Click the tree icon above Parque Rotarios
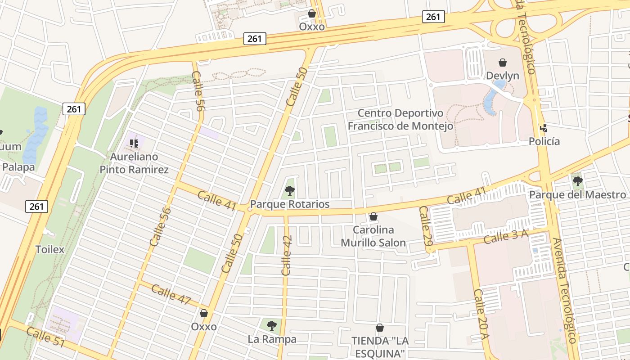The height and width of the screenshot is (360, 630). point(290,191)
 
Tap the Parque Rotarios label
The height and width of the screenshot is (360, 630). point(290,204)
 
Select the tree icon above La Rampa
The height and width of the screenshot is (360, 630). point(271,326)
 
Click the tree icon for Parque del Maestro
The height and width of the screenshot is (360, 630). point(578,181)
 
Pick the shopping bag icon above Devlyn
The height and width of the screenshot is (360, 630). point(503,63)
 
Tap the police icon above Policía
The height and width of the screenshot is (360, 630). point(544,128)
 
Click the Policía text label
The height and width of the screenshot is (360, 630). point(544,141)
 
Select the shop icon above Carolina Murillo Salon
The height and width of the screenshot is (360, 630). point(373,217)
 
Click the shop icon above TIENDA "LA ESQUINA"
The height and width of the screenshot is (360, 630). point(380,328)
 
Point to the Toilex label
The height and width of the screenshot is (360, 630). point(50,249)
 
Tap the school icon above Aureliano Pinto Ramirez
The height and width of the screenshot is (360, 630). point(134,144)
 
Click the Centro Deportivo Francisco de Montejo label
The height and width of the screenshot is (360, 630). point(400,120)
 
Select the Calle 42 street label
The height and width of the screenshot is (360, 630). point(287,255)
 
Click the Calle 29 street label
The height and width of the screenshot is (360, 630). point(425,229)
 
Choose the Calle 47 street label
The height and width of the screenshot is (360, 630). point(171,295)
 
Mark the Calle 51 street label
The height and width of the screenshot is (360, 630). point(46,337)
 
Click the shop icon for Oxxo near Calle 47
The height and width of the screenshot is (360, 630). point(204,313)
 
